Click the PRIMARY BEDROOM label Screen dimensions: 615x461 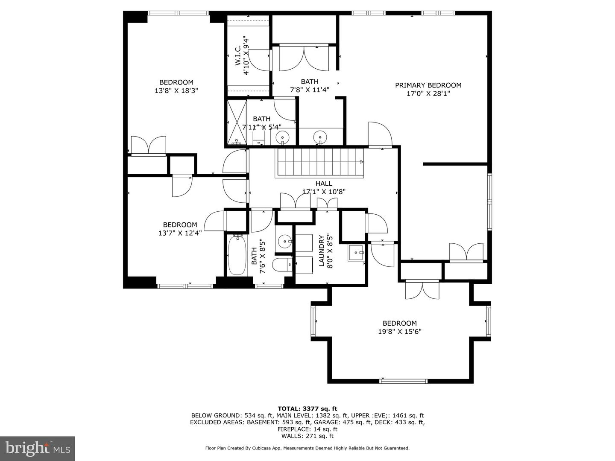[428, 85]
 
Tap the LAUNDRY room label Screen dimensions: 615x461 [321, 251]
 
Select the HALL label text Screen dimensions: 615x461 [324, 184]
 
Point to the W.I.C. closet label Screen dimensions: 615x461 [238, 55]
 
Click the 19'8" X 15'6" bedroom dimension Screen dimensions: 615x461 [400, 332]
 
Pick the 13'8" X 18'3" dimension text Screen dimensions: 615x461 [176, 90]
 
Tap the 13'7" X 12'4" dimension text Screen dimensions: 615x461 [180, 233]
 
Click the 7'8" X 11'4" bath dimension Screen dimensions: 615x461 [310, 90]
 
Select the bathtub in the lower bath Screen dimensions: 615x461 [237, 255]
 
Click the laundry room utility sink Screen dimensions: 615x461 [356, 253]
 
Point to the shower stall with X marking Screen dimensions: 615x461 [237, 123]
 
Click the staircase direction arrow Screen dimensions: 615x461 [362, 162]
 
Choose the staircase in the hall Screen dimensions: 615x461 [319, 163]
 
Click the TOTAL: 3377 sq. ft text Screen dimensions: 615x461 [307, 408]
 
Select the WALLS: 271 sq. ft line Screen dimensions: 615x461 [307, 436]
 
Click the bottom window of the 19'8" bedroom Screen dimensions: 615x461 [404, 381]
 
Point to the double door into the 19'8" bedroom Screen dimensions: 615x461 [422, 289]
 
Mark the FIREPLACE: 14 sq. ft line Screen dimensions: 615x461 [307, 429]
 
